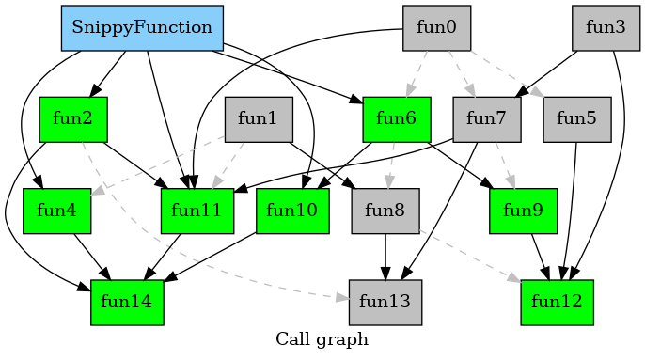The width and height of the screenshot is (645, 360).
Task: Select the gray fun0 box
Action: point(437,28)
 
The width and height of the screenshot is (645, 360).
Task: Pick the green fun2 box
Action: point(73,119)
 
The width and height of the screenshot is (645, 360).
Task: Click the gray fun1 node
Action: point(258,119)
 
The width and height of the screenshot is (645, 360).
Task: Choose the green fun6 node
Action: point(396,119)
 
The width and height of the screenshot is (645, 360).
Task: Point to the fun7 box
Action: point(486,119)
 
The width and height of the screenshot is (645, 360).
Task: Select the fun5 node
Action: point(577,119)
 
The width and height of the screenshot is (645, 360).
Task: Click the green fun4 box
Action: point(56,211)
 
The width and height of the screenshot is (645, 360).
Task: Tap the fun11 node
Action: point(197,211)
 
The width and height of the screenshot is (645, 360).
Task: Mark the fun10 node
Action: point(292,211)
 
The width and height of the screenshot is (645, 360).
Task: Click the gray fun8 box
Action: point(385,211)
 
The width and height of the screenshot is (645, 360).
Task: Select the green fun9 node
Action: point(524,211)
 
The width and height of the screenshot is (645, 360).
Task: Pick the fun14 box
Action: point(128,302)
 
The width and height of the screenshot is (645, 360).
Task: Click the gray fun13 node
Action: point(385,302)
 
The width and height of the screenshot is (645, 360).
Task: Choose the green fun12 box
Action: point(558,302)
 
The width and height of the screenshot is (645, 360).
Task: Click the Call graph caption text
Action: point(322,339)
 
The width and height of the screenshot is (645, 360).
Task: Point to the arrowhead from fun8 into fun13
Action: point(385,273)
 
